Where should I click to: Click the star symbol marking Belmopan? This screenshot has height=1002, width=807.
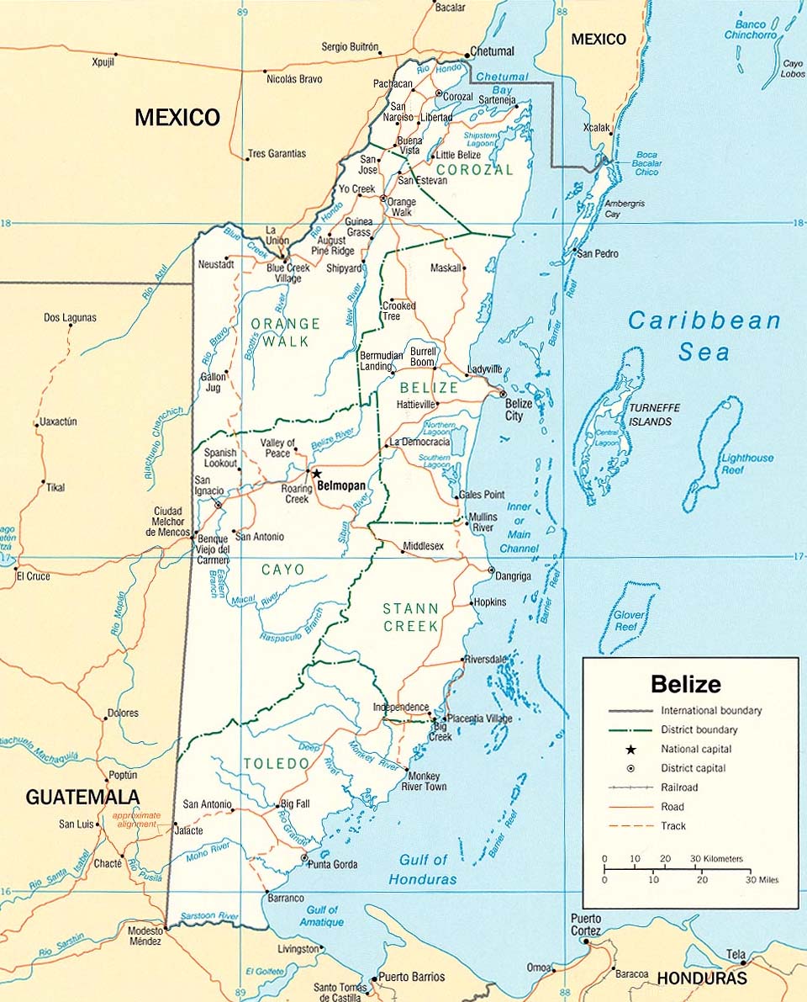point(317,474)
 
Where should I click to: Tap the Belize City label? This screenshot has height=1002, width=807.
point(518,410)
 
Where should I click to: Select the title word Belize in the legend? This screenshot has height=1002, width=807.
point(685,683)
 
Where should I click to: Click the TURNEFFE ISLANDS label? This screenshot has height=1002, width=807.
point(655,414)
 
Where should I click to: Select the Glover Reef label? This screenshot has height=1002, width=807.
point(629,620)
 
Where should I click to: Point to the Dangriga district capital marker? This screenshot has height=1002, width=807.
point(491,570)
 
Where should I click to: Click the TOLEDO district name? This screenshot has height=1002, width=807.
point(277,763)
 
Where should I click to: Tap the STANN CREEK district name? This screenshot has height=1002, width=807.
point(411,617)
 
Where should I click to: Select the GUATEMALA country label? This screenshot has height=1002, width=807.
point(82,797)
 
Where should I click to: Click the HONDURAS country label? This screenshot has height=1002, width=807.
point(701,978)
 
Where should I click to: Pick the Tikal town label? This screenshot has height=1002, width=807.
point(55,487)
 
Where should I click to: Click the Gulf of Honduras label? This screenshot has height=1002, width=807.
point(423,869)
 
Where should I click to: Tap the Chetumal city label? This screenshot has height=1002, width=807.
point(492,50)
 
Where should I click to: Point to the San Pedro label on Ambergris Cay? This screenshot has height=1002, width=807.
point(598,253)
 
